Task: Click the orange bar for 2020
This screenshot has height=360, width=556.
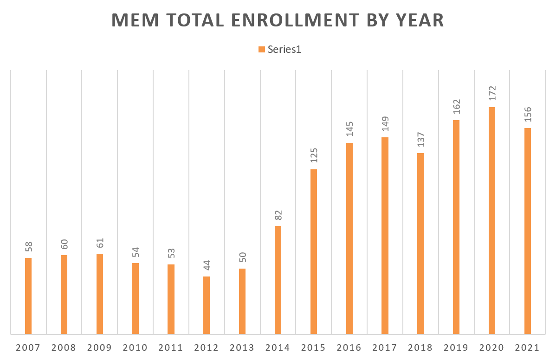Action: point(492,220)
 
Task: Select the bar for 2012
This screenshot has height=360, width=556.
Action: point(207,305)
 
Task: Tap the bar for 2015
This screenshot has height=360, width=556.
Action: point(314,251)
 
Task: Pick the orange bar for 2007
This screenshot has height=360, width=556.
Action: point(28,296)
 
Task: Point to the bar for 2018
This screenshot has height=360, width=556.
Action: point(420,244)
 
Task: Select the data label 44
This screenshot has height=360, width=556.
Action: point(207,265)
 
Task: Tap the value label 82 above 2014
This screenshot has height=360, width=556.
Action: point(278,215)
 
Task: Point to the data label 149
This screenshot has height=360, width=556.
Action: point(385,123)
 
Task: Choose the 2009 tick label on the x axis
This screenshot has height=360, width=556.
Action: point(100,348)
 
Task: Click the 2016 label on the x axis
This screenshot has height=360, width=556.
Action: point(349,348)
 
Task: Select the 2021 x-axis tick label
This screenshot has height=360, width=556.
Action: point(527,348)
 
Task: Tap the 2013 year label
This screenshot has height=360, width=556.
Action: point(242,348)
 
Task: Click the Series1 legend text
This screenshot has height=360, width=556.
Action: point(284,50)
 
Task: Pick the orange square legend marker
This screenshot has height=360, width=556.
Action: point(261,50)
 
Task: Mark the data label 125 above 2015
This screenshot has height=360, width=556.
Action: point(314,155)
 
